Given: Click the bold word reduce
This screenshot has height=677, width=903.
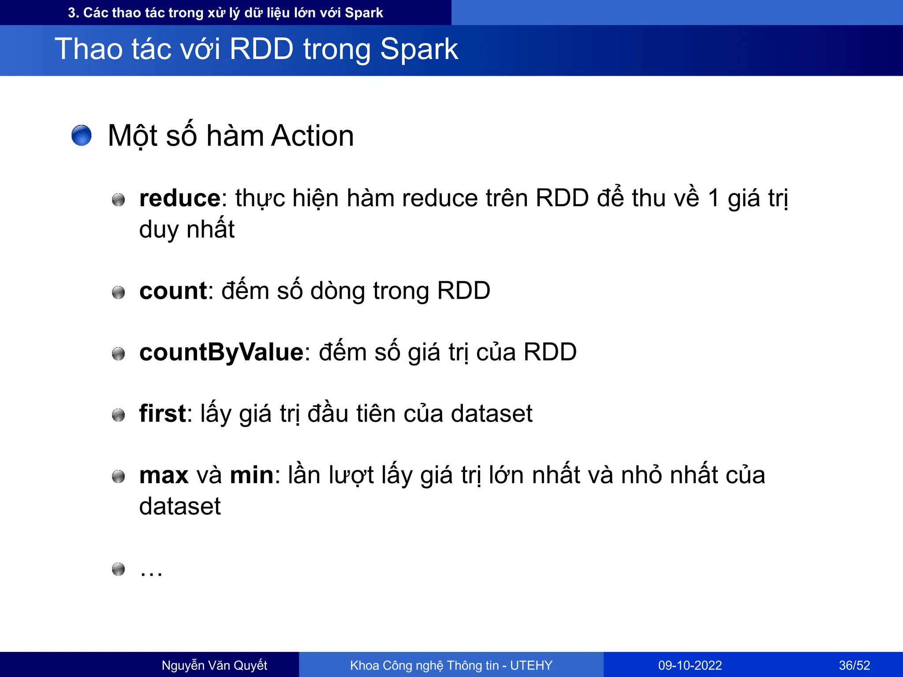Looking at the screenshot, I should click(x=179, y=198).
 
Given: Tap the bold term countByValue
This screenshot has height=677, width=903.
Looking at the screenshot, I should click(x=221, y=353).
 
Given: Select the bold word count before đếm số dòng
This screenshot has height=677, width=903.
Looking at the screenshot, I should click(x=173, y=291).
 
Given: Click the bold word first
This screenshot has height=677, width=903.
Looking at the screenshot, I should click(x=162, y=414).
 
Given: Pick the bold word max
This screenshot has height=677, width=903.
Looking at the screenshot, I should click(x=164, y=476).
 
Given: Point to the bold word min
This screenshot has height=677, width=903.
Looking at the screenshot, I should click(x=251, y=476).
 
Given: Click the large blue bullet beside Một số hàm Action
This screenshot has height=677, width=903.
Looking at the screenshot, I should click(x=82, y=135).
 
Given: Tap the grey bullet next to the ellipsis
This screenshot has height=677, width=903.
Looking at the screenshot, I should click(x=118, y=569).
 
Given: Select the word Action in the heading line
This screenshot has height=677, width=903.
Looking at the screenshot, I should click(x=312, y=136).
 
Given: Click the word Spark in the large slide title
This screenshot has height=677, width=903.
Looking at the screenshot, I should click(x=419, y=49).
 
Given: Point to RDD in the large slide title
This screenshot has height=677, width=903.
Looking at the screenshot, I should click(x=261, y=49).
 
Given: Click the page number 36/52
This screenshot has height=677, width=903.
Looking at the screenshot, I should click(x=854, y=665).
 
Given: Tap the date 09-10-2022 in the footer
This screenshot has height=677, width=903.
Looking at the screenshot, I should click(x=690, y=665).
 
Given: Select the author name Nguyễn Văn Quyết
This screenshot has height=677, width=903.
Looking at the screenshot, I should click(x=214, y=665).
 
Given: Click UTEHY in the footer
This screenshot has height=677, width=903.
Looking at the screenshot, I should click(x=531, y=665).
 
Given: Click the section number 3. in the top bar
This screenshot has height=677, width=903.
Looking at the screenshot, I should click(x=73, y=13).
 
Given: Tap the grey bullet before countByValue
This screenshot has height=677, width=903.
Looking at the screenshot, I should click(x=118, y=353).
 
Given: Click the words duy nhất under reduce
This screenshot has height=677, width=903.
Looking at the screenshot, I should click(x=187, y=230).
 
